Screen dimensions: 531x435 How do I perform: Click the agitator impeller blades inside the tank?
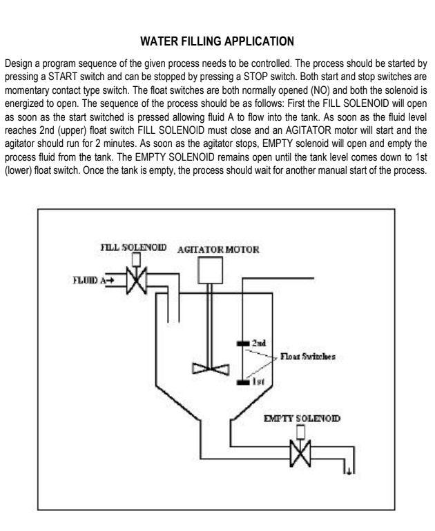[209, 367]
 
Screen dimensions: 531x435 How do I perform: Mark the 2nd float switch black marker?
[243, 342]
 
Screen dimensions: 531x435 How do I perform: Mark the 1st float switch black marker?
[243, 381]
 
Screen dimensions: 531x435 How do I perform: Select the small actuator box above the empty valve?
[300, 433]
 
